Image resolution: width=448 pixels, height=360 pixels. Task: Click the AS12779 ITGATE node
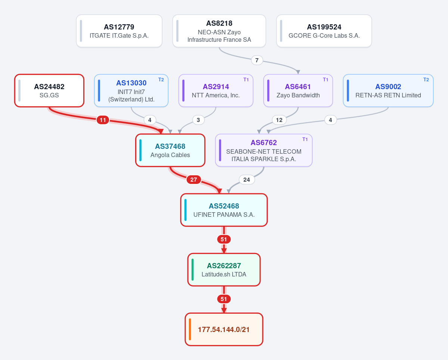tap(119, 31)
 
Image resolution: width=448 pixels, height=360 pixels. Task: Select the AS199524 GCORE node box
tap(324, 31)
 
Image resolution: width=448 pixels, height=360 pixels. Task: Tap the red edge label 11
tap(103, 120)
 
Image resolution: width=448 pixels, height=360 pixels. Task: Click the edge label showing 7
tap(257, 60)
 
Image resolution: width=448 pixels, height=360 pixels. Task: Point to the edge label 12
tap(279, 120)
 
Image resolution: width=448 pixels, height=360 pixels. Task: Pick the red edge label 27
tap(194, 180)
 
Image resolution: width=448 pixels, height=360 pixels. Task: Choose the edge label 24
tap(247, 180)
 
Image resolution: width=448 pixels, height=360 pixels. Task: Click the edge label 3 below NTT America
tap(198, 120)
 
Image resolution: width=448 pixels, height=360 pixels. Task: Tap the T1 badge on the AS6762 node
tap(305, 139)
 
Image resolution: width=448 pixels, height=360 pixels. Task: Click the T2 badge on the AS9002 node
tap(426, 80)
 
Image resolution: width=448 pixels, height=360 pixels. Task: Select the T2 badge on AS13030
tap(161, 80)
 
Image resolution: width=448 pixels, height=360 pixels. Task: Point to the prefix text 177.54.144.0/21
tap(224, 330)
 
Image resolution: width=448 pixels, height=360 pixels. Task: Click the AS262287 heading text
tap(224, 266)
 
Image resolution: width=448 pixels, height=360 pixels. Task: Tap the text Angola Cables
tap(170, 155)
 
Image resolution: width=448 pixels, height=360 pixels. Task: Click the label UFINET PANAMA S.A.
tap(224, 215)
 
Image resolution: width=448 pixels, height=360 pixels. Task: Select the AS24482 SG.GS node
tap(49, 91)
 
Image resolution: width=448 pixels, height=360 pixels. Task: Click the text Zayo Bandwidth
tap(298, 95)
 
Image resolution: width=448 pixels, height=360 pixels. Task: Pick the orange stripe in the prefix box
tap(190, 329)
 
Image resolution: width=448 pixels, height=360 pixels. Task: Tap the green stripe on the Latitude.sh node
tap(193, 270)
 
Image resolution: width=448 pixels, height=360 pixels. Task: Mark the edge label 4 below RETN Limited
tap(330, 120)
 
